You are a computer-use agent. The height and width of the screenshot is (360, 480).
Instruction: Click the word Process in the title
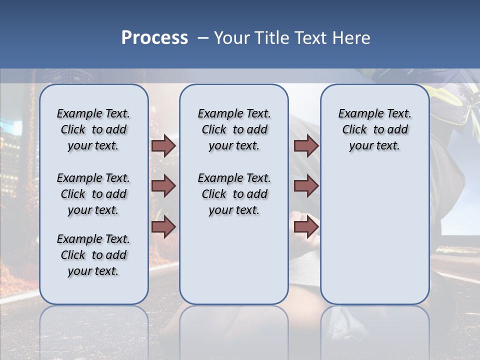click(154, 38)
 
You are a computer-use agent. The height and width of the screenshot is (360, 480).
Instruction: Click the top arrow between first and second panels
click(163, 146)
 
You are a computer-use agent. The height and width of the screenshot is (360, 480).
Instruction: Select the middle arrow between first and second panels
click(163, 186)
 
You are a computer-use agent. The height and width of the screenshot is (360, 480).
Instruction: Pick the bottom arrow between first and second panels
click(163, 227)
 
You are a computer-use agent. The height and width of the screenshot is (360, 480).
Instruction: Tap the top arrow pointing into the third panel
click(306, 146)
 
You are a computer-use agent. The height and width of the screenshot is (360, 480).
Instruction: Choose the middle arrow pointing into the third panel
click(306, 186)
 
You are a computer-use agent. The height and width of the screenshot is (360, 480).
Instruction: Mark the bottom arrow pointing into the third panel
click(306, 227)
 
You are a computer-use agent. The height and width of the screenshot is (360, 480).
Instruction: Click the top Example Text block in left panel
click(93, 129)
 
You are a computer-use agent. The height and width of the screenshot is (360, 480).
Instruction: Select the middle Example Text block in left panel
click(93, 194)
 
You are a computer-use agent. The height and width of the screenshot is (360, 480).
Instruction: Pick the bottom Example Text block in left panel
click(93, 255)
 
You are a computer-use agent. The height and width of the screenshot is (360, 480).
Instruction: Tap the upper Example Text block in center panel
click(234, 129)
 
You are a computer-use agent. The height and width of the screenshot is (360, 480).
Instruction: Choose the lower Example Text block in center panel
click(234, 194)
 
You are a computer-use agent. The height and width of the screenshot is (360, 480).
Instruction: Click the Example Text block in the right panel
click(375, 129)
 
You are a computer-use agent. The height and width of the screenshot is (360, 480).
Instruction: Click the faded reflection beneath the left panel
click(94, 330)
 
